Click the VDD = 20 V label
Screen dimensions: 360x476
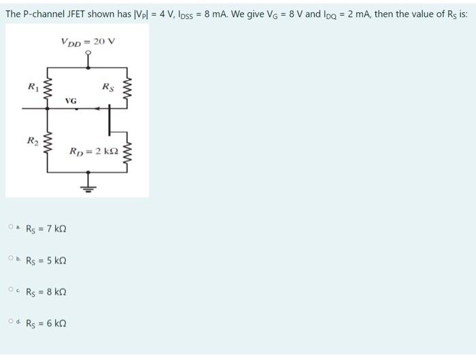88,42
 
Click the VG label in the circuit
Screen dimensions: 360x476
71,101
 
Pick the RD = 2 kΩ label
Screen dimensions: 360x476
94,150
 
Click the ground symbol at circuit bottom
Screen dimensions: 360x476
88,182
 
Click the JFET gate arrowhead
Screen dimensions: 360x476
98,108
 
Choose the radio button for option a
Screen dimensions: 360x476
12,227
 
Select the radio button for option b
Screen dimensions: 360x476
12,259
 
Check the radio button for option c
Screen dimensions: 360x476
12,291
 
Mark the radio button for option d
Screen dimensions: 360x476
12,323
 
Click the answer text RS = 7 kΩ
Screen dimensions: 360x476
46,229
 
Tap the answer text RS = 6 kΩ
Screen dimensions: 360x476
46,324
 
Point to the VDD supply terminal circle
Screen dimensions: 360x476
88,56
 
